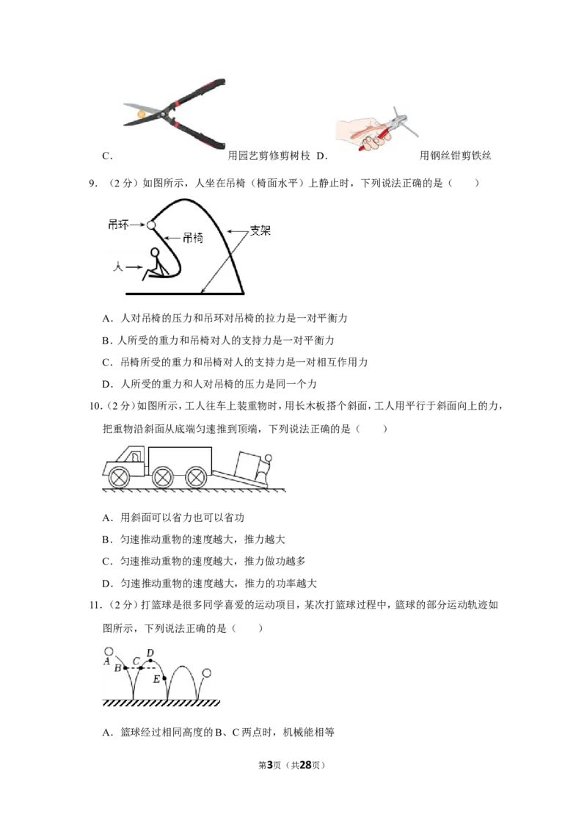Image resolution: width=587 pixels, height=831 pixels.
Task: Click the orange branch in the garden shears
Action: [141, 114]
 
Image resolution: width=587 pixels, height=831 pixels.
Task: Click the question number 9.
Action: [92, 184]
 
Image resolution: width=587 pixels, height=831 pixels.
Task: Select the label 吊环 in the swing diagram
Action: [118, 225]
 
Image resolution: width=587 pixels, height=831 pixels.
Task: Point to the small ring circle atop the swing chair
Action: [151, 225]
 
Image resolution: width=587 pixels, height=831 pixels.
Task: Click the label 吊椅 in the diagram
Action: [193, 238]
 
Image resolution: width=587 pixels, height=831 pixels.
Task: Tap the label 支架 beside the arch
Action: [260, 231]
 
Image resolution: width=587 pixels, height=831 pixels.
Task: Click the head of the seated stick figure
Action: [155, 253]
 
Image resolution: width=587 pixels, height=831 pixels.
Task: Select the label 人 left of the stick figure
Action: [117, 266]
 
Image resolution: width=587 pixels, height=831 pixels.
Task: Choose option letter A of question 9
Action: [107, 319]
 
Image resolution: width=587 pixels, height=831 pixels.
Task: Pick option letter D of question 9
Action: [107, 384]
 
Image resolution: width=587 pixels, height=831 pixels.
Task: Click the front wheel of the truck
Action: [119, 476]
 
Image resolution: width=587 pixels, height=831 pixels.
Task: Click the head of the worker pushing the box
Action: [269, 458]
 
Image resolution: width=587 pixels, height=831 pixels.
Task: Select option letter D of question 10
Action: [107, 584]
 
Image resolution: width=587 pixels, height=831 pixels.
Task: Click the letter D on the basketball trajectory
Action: [150, 653]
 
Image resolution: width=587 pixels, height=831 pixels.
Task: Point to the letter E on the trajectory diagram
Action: [156, 679]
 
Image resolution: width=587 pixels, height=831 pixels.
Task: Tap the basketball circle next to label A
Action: [109, 651]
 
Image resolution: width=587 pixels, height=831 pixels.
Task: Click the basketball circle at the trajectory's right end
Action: [207, 673]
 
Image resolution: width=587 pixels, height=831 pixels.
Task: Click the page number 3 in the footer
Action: [269, 765]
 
